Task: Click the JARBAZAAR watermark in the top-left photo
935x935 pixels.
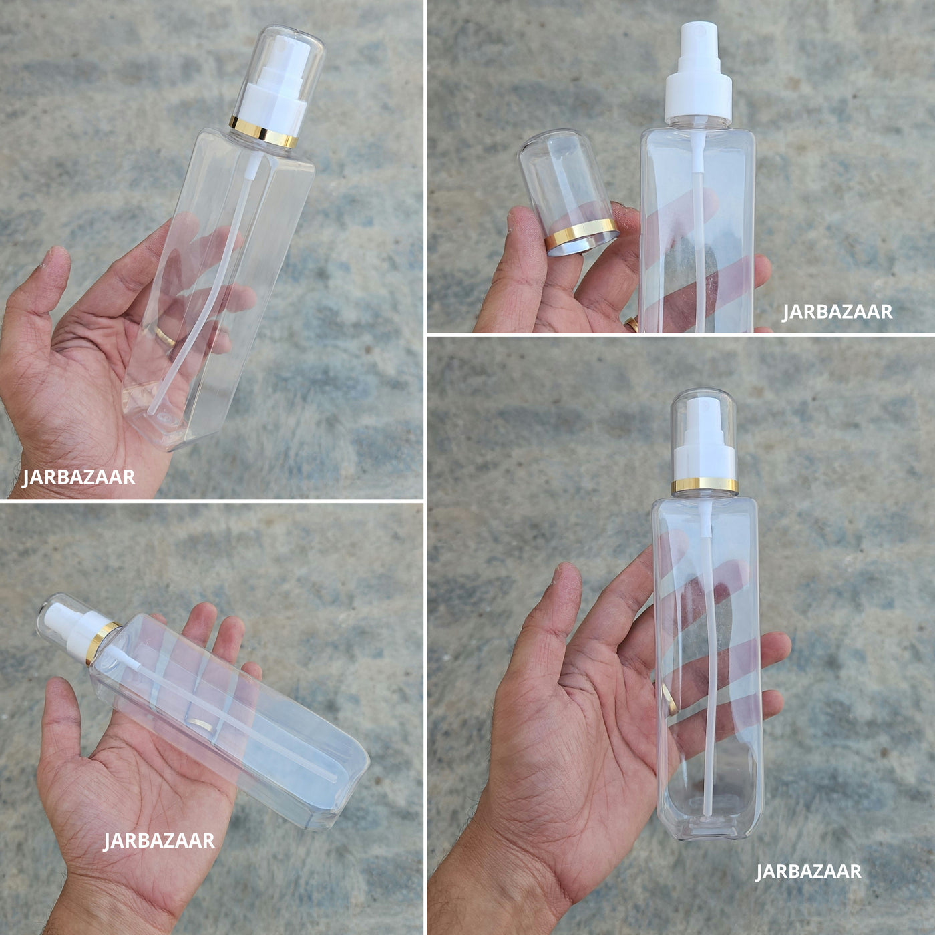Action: (x=79, y=477)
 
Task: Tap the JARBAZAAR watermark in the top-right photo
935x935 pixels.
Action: (x=837, y=311)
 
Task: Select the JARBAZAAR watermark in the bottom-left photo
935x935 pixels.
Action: (x=159, y=840)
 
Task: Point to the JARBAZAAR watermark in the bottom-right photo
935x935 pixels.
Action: (x=808, y=871)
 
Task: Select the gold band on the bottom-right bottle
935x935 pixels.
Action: (x=705, y=485)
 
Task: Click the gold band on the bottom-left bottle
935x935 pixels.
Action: (x=102, y=642)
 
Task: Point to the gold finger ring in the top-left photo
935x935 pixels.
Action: (x=166, y=336)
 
